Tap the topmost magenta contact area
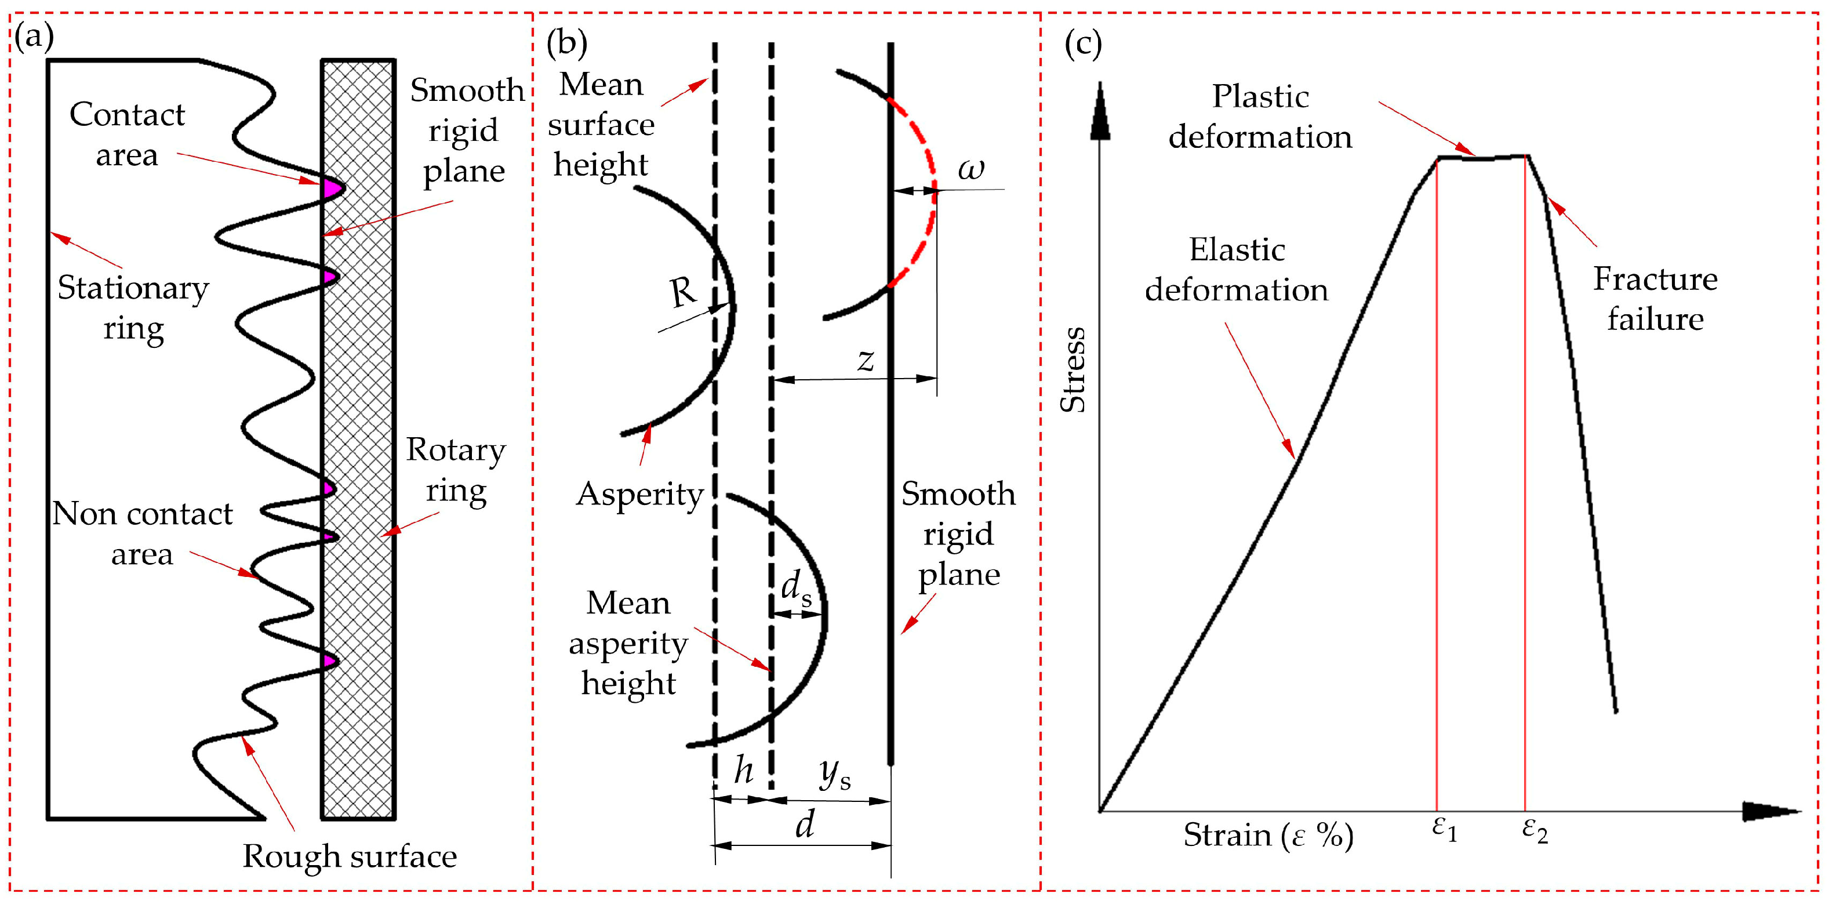coord(332,188)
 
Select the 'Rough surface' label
coord(349,856)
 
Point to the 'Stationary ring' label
coord(133,308)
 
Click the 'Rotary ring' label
coord(456,470)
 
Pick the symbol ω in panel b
coord(970,169)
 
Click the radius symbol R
coord(684,292)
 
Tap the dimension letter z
coord(865,360)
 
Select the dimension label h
coord(743,769)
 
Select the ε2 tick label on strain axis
coord(1535,830)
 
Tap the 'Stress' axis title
coord(1073,370)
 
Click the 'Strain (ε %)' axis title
coord(1268,835)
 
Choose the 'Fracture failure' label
coord(1655,299)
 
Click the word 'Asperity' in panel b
coord(639,493)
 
